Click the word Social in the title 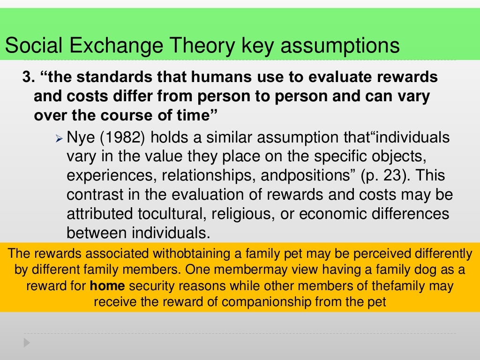click(x=32, y=46)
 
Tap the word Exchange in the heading click(x=112, y=46)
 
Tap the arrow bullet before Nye click(x=59, y=139)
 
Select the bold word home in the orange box click(x=107, y=286)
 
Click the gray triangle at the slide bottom click(x=27, y=343)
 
